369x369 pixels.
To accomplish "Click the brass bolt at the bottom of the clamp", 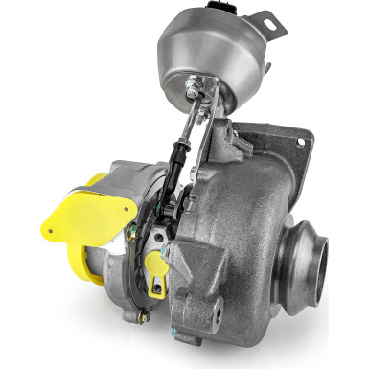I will (x=144, y=317).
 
